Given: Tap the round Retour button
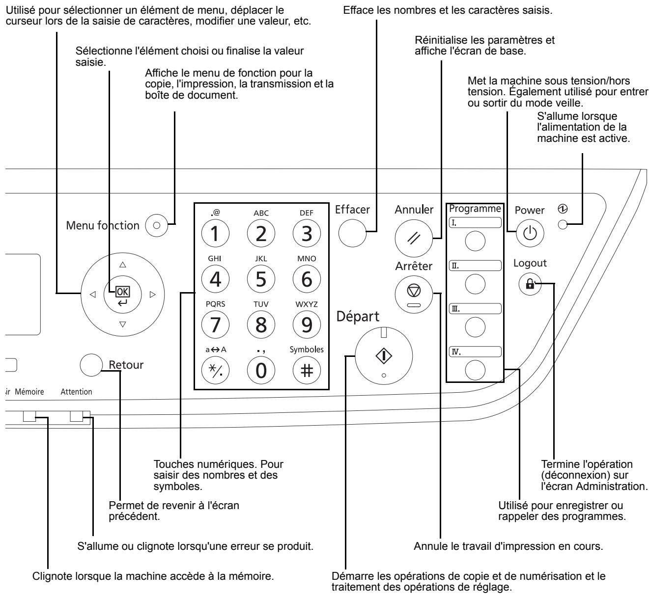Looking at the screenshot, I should pyautogui.click(x=89, y=364).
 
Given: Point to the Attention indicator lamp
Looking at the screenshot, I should pyautogui.click(x=77, y=416).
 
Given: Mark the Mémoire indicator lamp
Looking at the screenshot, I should pyautogui.click(x=29, y=417).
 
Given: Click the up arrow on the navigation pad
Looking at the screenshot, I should pyautogui.click(x=122, y=264).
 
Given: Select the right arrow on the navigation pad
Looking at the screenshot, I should pyautogui.click(x=152, y=295).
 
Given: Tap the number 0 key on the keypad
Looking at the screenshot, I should pyautogui.click(x=260, y=368).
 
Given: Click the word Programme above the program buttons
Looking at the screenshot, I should pyautogui.click(x=475, y=208).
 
